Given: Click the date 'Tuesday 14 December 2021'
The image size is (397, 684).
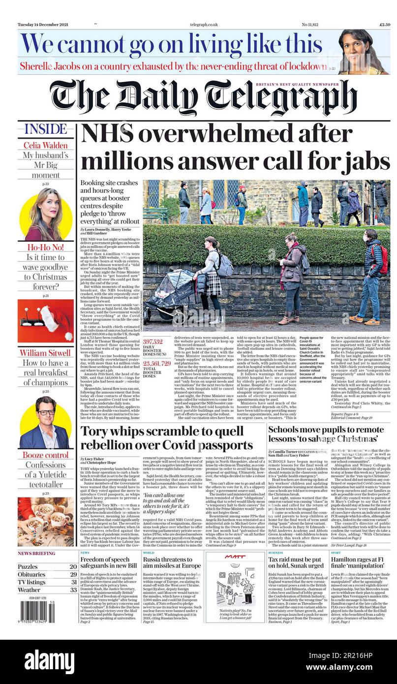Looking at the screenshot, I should coord(43,24).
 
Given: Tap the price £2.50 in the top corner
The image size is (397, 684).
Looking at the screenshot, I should coord(384,24).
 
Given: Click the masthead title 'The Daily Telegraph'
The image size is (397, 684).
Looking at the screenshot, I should coord(203,97).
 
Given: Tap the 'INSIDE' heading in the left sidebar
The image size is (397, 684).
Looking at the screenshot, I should coord(46,129).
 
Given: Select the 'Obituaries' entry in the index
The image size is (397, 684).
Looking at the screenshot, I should coord(31,574).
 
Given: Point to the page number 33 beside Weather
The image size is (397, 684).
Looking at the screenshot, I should coord(73,590).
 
